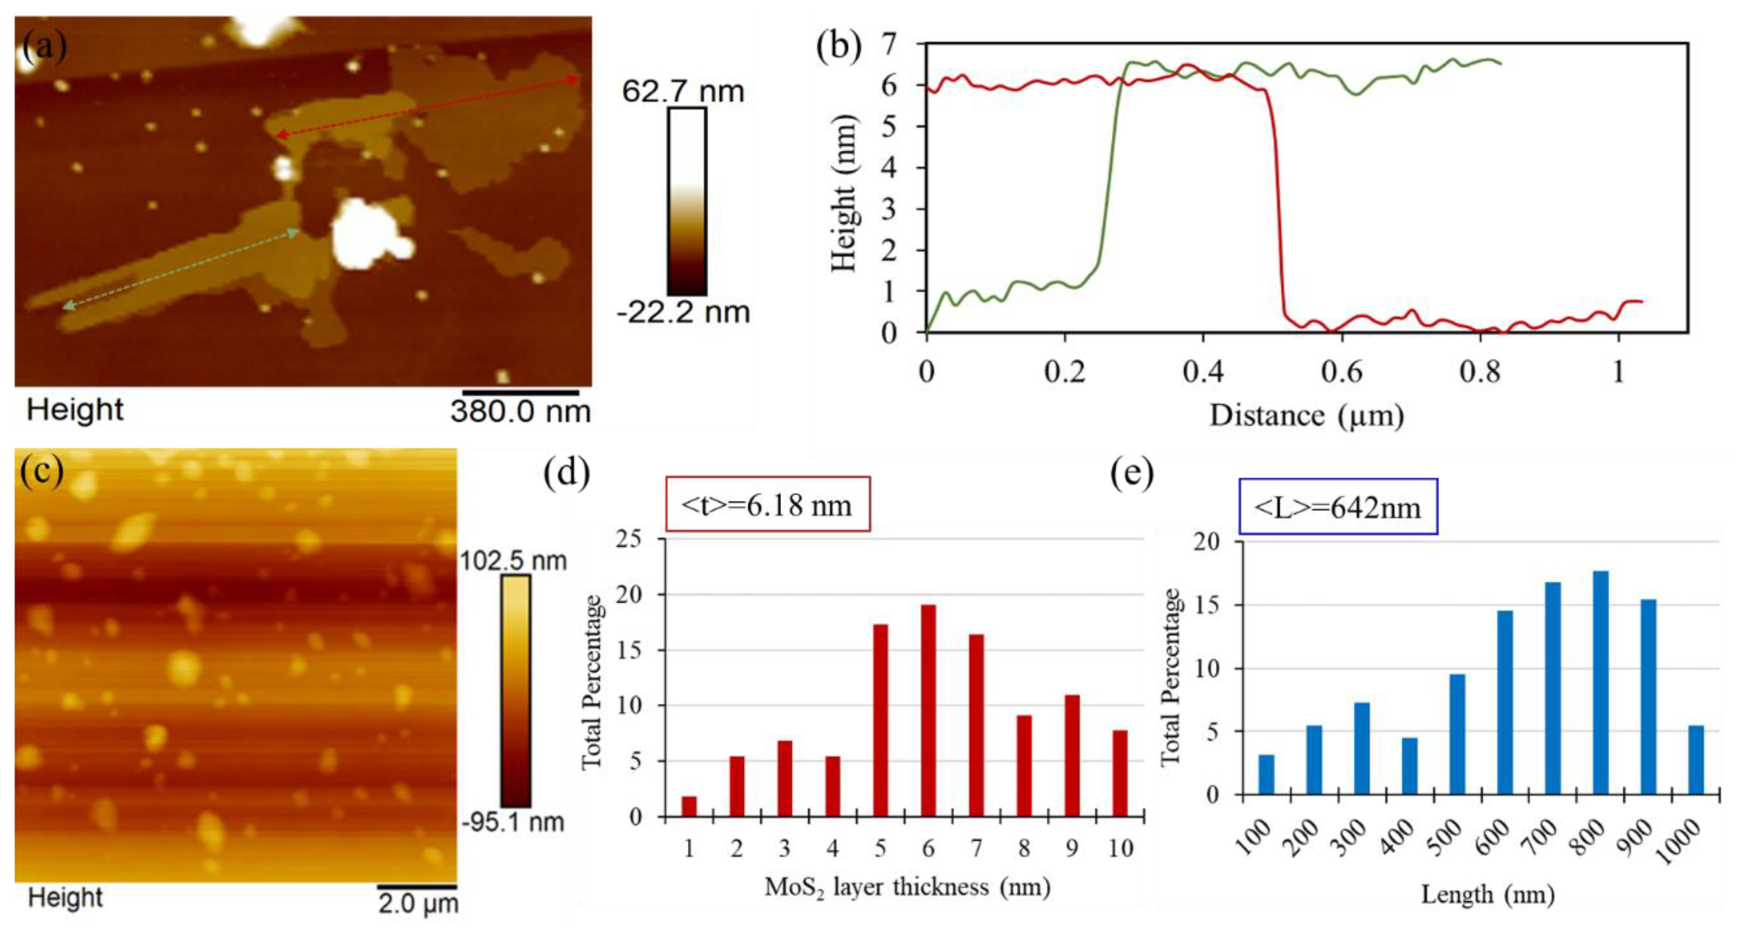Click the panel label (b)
[838, 47]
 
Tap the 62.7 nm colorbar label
[683, 91]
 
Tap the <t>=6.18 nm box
[767, 504]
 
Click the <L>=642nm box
[1338, 507]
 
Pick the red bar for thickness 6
[929, 710]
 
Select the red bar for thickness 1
[689, 806]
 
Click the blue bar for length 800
[1600, 683]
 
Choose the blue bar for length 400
[1409, 766]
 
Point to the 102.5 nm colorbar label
[513, 561]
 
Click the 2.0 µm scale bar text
[417, 904]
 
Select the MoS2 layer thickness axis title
[907, 887]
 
